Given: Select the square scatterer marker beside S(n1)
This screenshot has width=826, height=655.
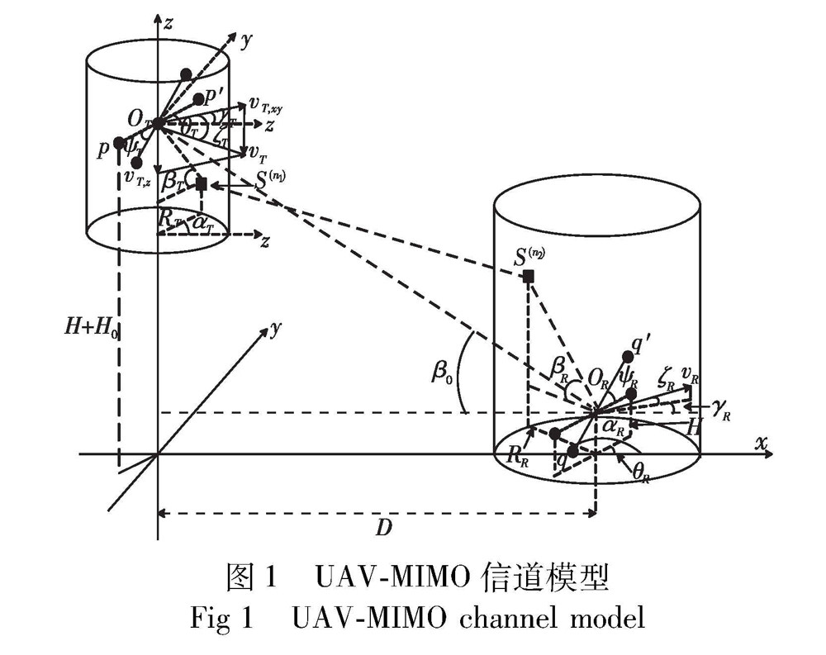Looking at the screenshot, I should (201, 184).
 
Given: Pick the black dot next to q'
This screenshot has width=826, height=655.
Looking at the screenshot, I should (628, 356).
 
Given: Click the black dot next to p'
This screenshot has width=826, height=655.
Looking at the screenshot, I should (199, 99).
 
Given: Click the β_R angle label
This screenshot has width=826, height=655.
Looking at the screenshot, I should (559, 363).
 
